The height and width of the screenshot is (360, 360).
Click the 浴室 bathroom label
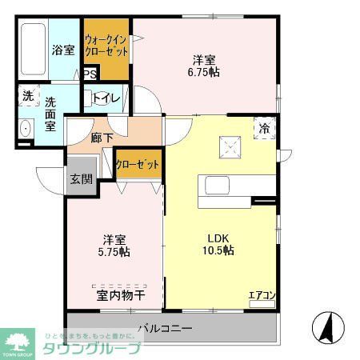point(63,50)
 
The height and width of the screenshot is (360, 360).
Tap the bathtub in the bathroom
point(34,50)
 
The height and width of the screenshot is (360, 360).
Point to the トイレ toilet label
point(106,99)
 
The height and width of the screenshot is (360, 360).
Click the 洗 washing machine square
point(28,95)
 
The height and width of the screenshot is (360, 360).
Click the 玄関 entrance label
point(81,178)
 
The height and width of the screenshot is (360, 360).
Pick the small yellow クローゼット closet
point(137,165)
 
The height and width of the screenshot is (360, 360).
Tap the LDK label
point(218,238)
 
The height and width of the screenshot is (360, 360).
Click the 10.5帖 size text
point(218,250)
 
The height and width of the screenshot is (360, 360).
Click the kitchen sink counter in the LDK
point(229,186)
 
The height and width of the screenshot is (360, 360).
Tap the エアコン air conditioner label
point(261,296)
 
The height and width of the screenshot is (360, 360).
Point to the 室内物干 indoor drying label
point(121,296)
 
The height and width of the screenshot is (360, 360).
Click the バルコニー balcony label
point(164,328)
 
